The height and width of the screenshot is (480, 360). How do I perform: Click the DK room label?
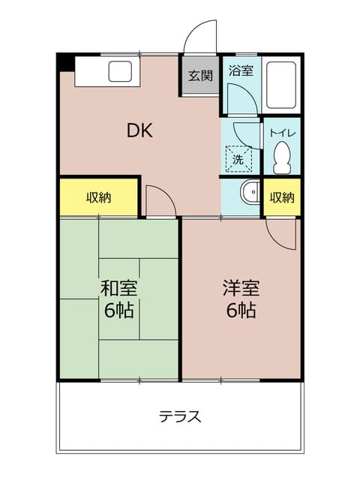(139, 130)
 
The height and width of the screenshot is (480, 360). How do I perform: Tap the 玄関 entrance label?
(199, 75)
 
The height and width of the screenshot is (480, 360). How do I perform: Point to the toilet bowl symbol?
(283, 157)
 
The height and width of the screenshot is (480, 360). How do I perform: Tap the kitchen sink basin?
(121, 72)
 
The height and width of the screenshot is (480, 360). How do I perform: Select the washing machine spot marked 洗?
(238, 158)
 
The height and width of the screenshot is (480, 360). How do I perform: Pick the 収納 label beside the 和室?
(98, 198)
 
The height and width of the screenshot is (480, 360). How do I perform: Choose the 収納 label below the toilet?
(282, 198)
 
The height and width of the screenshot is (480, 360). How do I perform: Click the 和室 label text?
(118, 288)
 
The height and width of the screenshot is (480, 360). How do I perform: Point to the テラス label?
(180, 417)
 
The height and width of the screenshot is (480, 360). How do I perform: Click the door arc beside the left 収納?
(159, 198)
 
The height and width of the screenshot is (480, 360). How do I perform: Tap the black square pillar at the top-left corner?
(66, 62)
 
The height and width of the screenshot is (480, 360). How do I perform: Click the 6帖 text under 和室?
(118, 310)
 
